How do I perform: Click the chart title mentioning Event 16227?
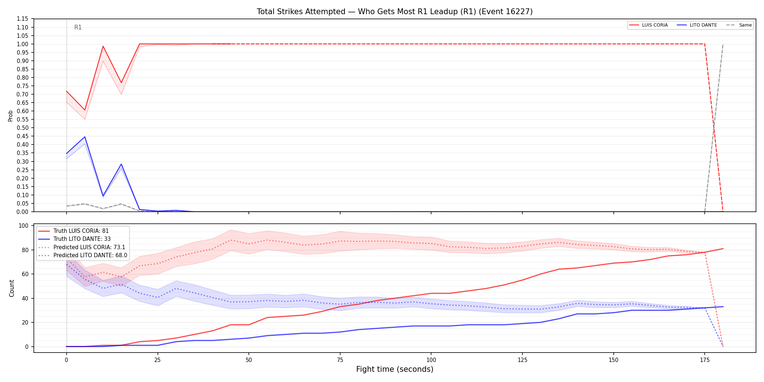(x=395, y=12)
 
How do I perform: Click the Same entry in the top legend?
(x=739, y=25)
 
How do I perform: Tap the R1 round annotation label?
(x=78, y=27)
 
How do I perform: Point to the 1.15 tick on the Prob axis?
(x=23, y=19)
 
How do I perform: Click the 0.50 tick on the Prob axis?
(x=23, y=128)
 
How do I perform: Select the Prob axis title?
(x=11, y=116)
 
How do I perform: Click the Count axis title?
(x=12, y=288)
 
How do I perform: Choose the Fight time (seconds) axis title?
(x=395, y=369)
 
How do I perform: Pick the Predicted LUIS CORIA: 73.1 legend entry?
(x=82, y=247)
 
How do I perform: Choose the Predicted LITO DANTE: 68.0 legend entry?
(x=83, y=255)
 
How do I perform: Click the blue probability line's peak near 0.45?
(x=85, y=137)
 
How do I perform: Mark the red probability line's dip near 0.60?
(x=85, y=110)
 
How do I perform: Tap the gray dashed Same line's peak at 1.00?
(x=723, y=44)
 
